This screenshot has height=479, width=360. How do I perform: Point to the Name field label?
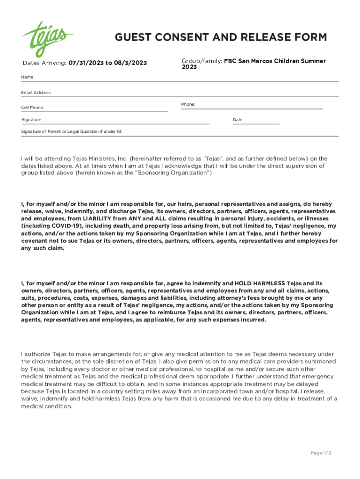(x=27, y=77)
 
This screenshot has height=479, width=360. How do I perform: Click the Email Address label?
(x=36, y=93)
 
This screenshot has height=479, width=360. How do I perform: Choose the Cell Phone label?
(x=33, y=108)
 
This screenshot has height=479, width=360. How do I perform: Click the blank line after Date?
(x=262, y=121)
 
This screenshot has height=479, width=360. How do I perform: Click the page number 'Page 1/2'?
(x=321, y=453)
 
